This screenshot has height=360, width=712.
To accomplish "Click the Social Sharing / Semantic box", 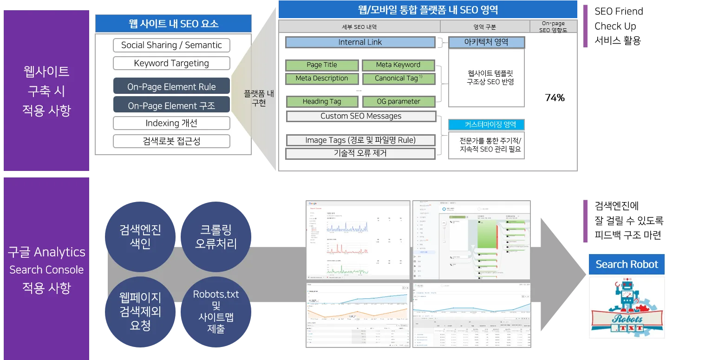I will pos(171,45).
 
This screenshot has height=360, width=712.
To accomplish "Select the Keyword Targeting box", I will pos(171,63).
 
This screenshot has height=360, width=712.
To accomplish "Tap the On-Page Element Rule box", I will pos(171,87).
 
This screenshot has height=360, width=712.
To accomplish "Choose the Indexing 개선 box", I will pos(171,123).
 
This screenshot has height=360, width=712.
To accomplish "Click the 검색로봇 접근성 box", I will pos(171,141).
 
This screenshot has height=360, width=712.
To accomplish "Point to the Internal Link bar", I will pos(360,42).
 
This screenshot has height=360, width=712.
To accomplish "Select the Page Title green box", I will pos(322,65).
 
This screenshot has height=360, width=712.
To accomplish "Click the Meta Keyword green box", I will pos(398,65).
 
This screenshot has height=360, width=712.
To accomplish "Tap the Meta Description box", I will pos(322,79).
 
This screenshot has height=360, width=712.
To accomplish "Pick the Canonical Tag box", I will pos(398,79).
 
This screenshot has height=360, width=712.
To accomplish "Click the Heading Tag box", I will pos(322,101).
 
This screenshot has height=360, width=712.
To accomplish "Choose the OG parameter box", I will pos(398,101).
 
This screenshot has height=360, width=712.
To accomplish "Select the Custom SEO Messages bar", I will pos(361,116).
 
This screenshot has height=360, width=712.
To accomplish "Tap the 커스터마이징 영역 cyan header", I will pos(486,124).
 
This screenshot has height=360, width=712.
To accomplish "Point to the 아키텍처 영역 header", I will pos(486,42).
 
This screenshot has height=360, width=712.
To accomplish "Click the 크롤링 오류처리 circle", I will pos(216,236).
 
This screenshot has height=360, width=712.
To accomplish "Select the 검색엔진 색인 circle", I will pos(140,236).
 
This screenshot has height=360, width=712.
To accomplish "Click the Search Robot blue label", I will pos(627,264).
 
